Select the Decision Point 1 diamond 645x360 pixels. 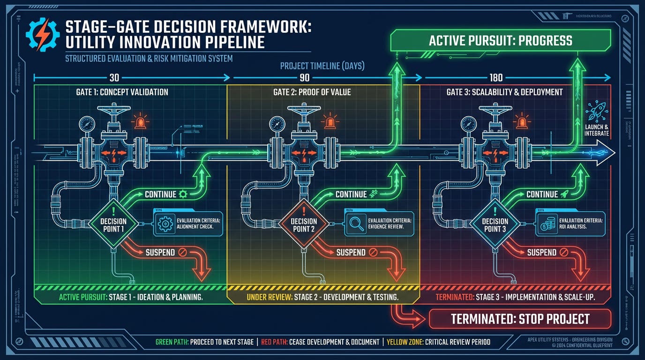click(x=113, y=225)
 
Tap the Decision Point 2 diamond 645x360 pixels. click(x=304, y=225)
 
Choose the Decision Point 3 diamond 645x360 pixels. click(x=495, y=225)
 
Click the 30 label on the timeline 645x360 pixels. click(x=114, y=78)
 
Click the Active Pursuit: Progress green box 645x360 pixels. click(x=501, y=41)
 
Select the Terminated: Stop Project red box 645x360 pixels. click(x=520, y=319)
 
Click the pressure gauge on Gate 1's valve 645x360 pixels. click(x=87, y=124)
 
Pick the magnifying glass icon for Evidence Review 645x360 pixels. click(x=355, y=225)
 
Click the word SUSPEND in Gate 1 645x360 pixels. click(x=160, y=252)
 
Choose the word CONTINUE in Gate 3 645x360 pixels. click(x=542, y=194)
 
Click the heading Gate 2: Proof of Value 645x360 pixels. click(x=312, y=92)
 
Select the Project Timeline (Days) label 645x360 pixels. click(x=322, y=66)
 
